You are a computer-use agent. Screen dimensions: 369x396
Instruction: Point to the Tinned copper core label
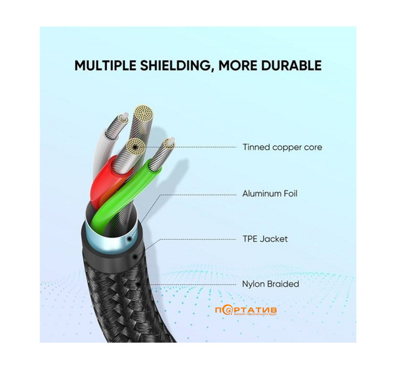(282, 147)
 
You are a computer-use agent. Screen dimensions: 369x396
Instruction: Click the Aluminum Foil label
(269, 193)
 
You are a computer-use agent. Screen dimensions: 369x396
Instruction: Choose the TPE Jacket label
(265, 239)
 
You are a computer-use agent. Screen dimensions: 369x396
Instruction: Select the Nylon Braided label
(270, 284)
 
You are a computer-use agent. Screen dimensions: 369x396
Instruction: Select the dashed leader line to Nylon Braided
(190, 284)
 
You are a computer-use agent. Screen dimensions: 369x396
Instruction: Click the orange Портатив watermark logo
(247, 310)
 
